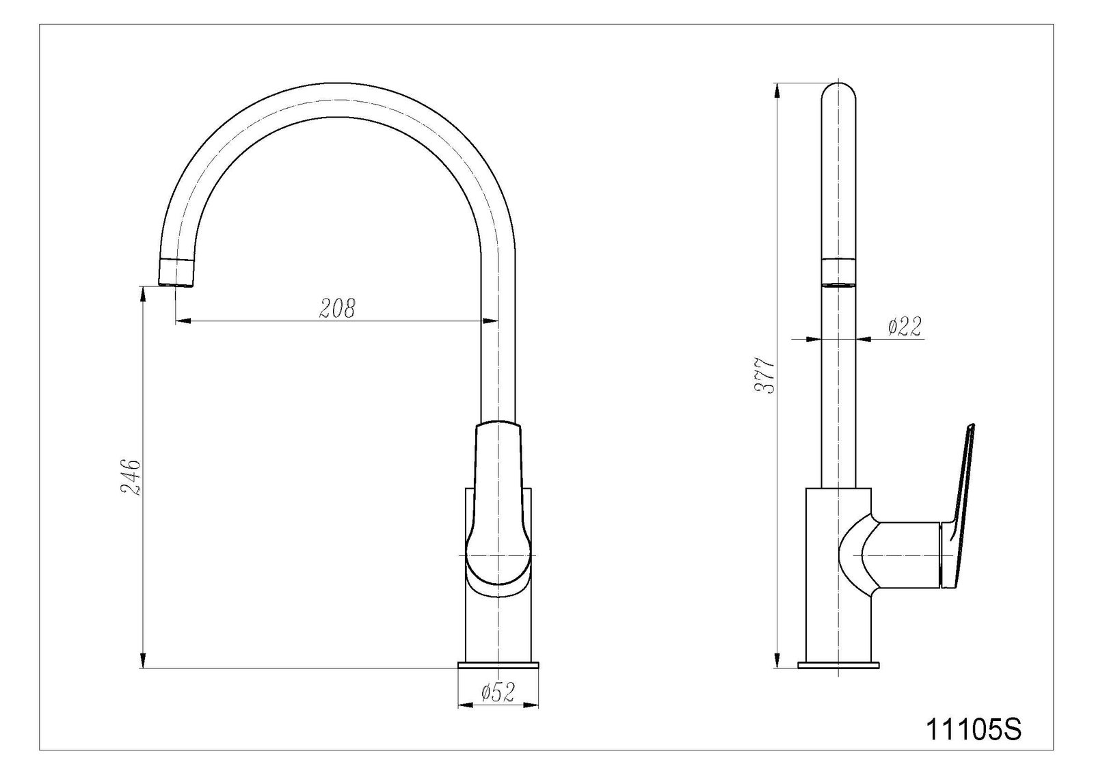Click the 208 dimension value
(x=338, y=308)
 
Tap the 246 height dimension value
(x=131, y=477)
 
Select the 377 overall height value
(x=764, y=376)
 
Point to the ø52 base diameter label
(x=498, y=692)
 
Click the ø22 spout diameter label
(x=905, y=326)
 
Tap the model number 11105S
(x=974, y=729)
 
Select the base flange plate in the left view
(x=498, y=664)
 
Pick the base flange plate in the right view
(x=838, y=664)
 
